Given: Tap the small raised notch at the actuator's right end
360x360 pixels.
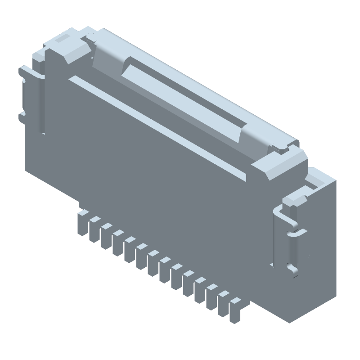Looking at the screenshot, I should [x=282, y=147].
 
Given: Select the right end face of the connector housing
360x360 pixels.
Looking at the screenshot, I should [x=319, y=252].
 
